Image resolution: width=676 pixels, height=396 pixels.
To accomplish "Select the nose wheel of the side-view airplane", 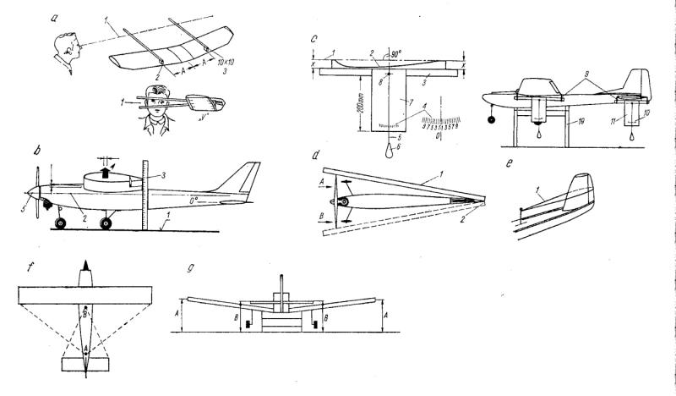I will (60, 223).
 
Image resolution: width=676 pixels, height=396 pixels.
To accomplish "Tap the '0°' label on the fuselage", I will (195, 201).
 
